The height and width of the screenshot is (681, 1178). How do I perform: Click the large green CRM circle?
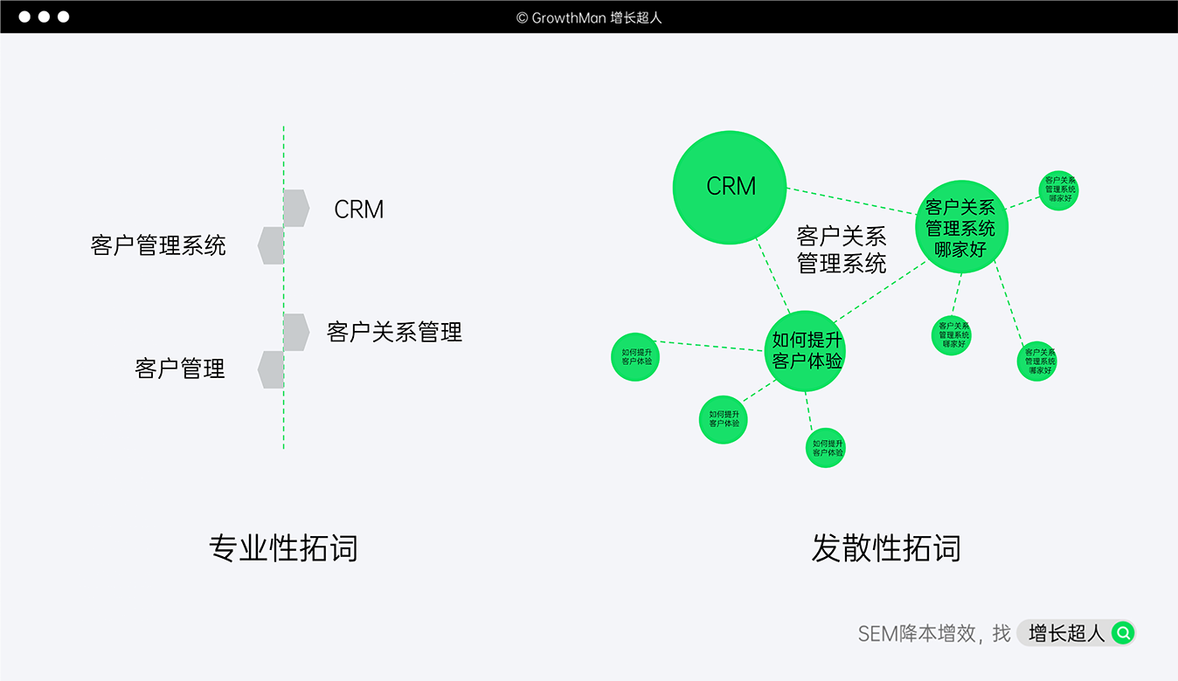[x=730, y=187]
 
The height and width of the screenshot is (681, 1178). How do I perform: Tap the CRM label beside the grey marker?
[x=359, y=210]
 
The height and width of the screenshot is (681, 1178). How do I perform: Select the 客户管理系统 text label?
[x=158, y=245]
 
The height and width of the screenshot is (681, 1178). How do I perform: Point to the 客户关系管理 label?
[x=394, y=332]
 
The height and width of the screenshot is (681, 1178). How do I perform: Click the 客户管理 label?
[x=180, y=368]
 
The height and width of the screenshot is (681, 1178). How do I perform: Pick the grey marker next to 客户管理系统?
[x=271, y=245]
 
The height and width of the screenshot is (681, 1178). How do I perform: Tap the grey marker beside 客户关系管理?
[x=296, y=332]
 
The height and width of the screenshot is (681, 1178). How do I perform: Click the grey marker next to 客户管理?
[x=271, y=369]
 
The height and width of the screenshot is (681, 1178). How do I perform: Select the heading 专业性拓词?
[x=283, y=548]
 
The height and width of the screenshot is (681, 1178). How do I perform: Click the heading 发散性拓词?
[x=886, y=548]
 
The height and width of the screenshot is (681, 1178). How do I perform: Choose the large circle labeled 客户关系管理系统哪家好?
[x=960, y=228]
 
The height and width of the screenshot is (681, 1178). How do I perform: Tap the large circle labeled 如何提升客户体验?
[x=807, y=351]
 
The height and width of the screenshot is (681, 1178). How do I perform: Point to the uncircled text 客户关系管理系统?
[x=842, y=250]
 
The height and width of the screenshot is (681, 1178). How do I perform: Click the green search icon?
[x=1122, y=633]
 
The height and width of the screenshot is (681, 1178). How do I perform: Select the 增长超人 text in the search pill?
[x=1066, y=633]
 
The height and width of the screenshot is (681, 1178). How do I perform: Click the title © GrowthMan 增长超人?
[x=589, y=17]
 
